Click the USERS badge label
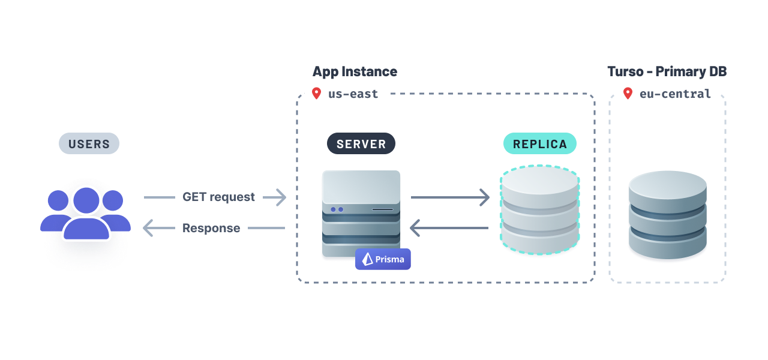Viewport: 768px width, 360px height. point(89,144)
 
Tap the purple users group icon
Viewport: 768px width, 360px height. point(86,214)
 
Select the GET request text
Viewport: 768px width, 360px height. point(218,197)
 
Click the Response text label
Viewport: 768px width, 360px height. point(211,228)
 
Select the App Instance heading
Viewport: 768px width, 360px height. point(355,71)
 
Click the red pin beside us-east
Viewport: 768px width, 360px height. point(316,94)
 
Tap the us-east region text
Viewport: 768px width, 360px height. point(353,94)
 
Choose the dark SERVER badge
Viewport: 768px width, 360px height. point(361,144)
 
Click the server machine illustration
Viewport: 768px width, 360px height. point(361,213)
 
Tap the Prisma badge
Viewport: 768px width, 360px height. point(383,259)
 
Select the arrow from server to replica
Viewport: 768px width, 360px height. point(450,197)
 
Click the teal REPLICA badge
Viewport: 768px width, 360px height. point(540,144)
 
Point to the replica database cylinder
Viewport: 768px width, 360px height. point(540,210)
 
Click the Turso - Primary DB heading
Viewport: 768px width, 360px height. point(667,71)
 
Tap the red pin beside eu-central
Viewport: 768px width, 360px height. point(628,94)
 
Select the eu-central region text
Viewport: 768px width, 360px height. point(675,94)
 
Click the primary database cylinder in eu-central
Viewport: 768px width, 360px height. point(667,215)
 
